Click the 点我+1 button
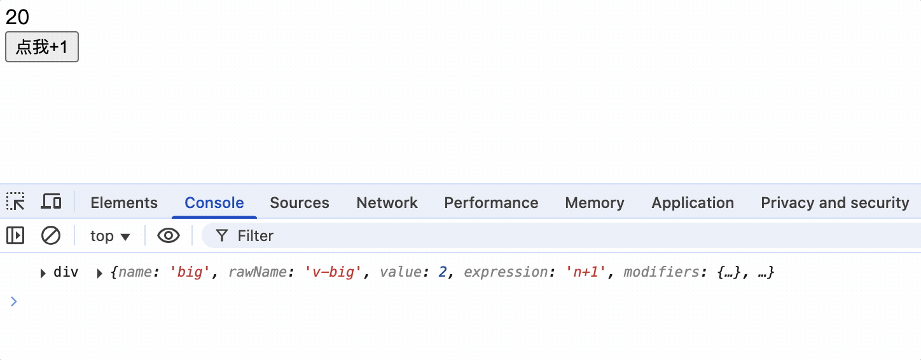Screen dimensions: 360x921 42,47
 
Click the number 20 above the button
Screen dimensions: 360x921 17,17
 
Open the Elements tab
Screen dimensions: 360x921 124,203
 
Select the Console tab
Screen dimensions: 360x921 214,203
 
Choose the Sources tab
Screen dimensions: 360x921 300,203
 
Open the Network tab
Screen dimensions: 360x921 387,203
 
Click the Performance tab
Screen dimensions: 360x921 491,203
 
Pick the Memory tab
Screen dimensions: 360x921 595,203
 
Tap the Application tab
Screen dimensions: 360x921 693,203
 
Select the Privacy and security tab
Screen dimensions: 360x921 834,203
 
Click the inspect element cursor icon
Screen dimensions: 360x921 16,202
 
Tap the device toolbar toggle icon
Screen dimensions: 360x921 51,202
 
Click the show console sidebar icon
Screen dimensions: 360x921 15,236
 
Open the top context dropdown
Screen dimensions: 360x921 110,236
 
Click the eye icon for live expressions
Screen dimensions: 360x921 169,236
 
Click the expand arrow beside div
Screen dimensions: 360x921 43,273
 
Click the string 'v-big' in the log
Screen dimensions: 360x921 334,273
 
